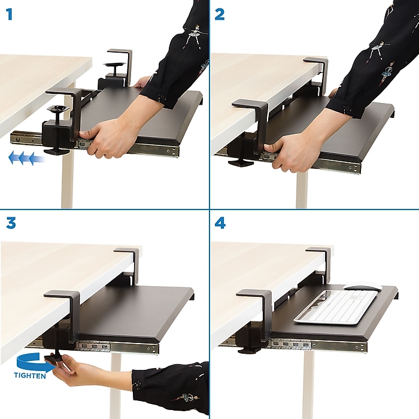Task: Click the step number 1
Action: point(9,14)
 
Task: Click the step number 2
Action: point(220,14)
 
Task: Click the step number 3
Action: point(10,223)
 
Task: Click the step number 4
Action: point(220,223)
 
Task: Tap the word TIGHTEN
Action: point(31,375)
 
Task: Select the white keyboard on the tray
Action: point(335,307)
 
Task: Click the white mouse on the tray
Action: point(362,287)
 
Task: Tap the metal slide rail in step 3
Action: point(120,347)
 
